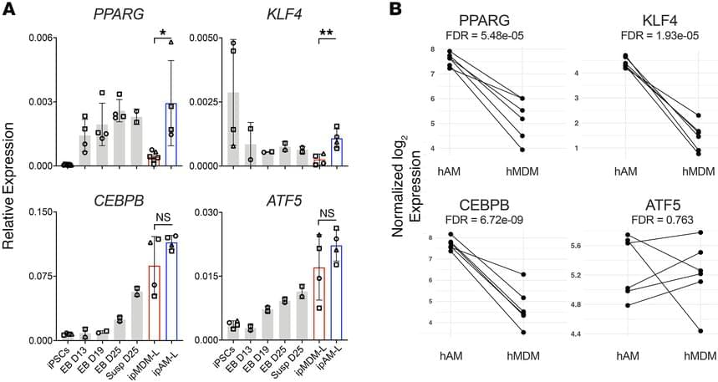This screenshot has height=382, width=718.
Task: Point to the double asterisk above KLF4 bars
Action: (x=327, y=33)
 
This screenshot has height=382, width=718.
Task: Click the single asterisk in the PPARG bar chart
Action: (x=162, y=33)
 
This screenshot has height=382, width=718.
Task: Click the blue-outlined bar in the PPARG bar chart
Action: (x=171, y=135)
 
